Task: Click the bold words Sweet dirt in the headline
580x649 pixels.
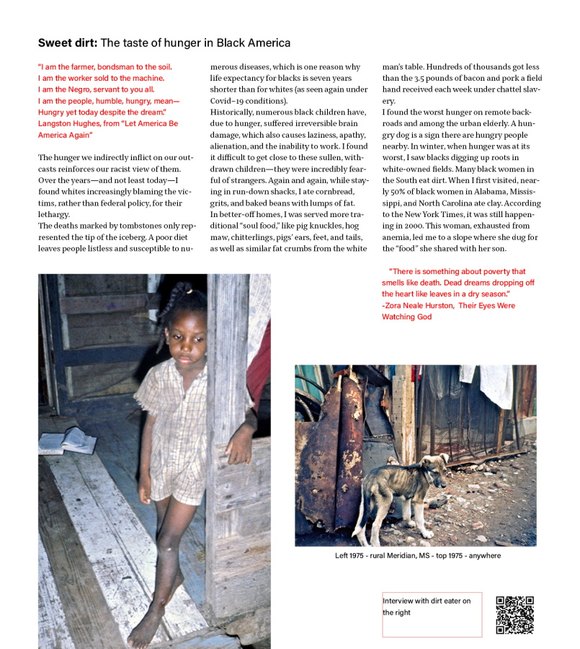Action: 68,43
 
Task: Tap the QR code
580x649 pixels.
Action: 514,614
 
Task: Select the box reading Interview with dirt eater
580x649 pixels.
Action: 431,614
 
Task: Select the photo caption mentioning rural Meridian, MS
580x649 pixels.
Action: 417,556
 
